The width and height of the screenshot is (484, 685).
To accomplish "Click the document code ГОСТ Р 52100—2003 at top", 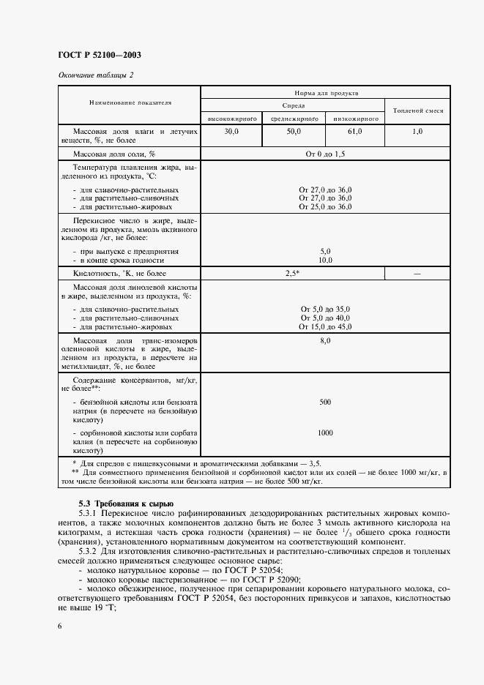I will pos(99,56).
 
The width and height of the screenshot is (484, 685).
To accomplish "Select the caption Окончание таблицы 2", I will pos(95,75).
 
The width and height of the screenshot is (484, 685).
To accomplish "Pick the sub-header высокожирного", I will pos(231,117).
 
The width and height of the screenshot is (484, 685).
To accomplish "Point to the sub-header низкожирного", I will pos(355,117).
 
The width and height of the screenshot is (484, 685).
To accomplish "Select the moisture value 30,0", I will pos(231,131).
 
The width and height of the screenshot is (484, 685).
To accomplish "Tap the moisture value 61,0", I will pos(355,131).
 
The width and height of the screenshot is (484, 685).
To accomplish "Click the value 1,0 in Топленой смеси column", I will pos(417,131).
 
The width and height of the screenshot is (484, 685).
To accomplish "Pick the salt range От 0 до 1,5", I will pos(325,154).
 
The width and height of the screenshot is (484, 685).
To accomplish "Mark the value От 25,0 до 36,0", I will pos(325,206).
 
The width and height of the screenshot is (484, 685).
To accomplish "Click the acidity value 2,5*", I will pos(293,272).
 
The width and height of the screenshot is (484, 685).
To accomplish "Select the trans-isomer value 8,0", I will pos(325,341).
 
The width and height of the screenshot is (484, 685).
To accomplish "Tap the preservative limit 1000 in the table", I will pos(325,433).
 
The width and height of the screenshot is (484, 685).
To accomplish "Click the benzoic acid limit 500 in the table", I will pos(325,403).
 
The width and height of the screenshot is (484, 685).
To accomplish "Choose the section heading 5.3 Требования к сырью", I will pos(126,504).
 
